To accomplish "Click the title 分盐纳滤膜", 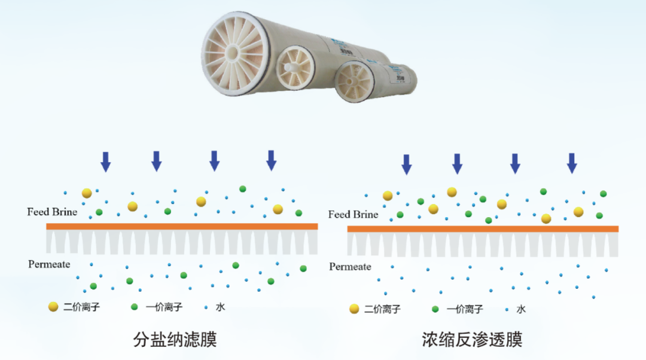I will coord(175,340).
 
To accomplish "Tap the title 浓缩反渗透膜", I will coord(472,340).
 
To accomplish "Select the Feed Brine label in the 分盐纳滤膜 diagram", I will coord(52,212).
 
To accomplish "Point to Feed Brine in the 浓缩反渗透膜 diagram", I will coord(354,214).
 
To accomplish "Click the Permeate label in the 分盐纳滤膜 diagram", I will coord(49,264).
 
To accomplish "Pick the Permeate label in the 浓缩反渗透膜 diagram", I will coord(350,266).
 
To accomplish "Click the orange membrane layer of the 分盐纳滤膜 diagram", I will coord(182,226).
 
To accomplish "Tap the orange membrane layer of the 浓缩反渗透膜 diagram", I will coord(483,228).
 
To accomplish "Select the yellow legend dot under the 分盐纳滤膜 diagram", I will coord(53,307).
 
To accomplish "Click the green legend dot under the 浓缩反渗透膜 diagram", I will coord(435,309).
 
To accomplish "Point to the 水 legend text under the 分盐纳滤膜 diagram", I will coord(221,307).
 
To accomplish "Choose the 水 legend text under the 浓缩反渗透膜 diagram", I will coord(521,309).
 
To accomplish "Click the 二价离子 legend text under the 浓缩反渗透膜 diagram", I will coord(382,309).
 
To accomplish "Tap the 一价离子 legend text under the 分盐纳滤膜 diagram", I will coord(164,307).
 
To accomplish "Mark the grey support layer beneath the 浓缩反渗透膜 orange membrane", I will coord(483,245).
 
